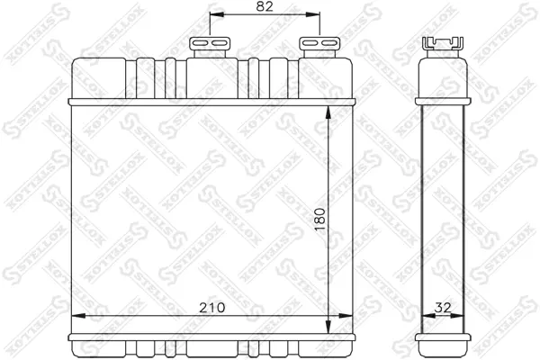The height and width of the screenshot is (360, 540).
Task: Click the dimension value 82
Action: point(265,7)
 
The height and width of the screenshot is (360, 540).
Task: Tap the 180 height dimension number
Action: point(319,219)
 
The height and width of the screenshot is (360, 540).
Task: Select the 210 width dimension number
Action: point(211,307)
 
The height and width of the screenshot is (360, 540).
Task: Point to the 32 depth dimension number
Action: point(442,307)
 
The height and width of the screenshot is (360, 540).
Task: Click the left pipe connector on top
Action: point(210,47)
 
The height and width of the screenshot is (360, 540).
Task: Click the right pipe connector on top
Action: point(319,47)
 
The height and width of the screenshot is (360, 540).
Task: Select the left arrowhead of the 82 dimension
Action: point(217,14)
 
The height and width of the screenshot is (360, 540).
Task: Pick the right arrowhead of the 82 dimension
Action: point(312,14)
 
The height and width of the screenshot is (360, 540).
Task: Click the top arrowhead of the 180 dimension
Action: point(328,113)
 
